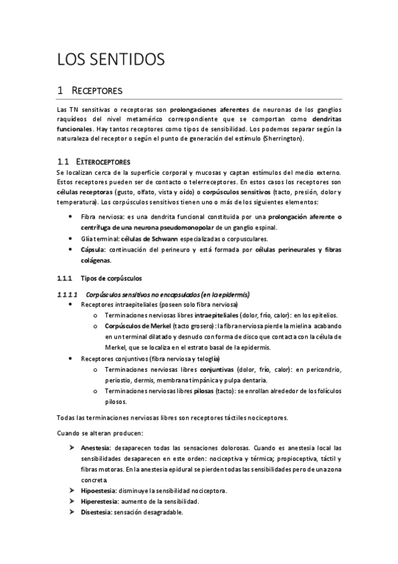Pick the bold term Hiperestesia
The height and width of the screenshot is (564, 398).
click(98, 501)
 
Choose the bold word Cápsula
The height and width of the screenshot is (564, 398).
click(93, 249)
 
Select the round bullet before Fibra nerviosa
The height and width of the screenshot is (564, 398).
click(71, 217)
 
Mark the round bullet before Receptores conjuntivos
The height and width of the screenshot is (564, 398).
click(71, 358)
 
